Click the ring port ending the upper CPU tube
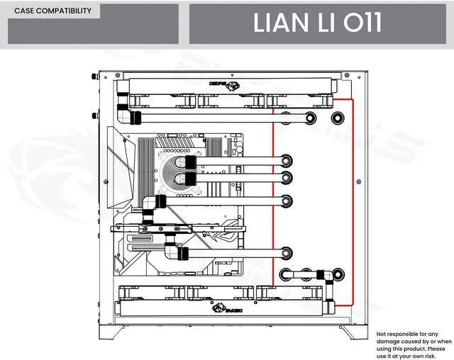pyautogui.click(x=286, y=162)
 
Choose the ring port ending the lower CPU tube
pyautogui.click(x=286, y=177)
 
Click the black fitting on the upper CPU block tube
pyautogui.click(x=190, y=162)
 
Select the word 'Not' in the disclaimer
pyautogui.click(x=382, y=334)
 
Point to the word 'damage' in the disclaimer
pyautogui.click(x=386, y=341)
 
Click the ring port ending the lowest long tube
pyautogui.click(x=287, y=252)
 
